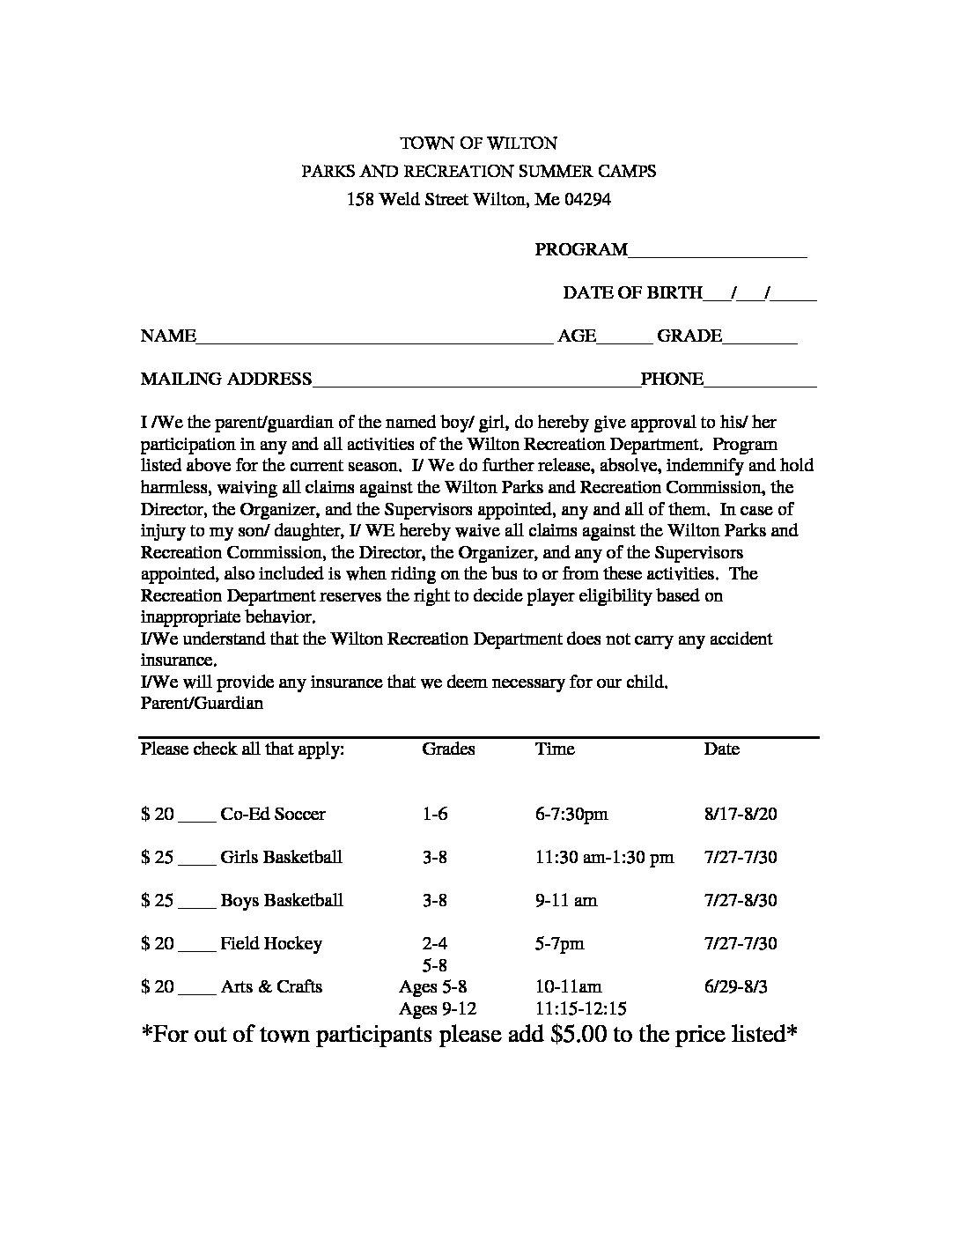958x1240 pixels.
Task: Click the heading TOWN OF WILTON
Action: pyautogui.click(x=479, y=143)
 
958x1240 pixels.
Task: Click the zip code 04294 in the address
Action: pyautogui.click(x=587, y=199)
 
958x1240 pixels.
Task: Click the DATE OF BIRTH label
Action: pyautogui.click(x=632, y=292)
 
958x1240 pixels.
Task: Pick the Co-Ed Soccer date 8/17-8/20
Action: pyautogui.click(x=741, y=814)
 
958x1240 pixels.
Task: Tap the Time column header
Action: pyautogui.click(x=555, y=749)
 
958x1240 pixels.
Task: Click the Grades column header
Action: pyautogui.click(x=448, y=749)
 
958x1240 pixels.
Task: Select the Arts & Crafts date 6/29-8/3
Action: pyautogui.click(x=736, y=986)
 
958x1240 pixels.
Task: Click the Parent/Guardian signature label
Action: pyautogui.click(x=202, y=703)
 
